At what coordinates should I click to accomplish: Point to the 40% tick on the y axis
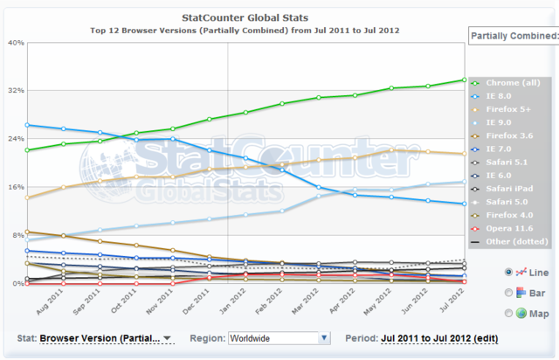click(x=15, y=42)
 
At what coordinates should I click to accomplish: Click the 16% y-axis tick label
click(x=15, y=187)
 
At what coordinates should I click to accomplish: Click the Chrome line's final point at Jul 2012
click(x=465, y=80)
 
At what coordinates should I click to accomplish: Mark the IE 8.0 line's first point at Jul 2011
click(x=28, y=125)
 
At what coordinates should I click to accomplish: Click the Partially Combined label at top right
click(x=514, y=36)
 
